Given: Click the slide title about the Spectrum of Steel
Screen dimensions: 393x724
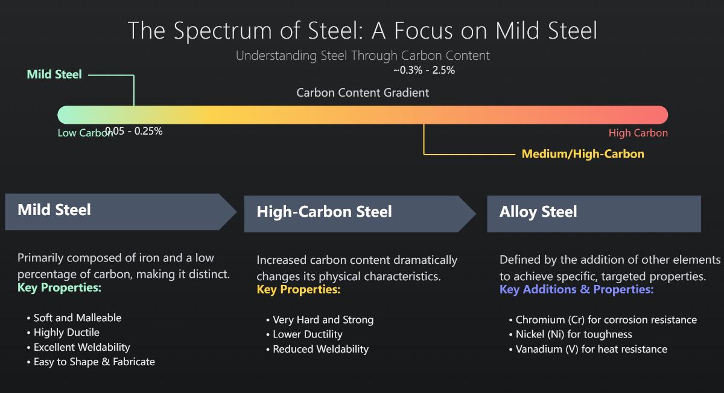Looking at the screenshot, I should [362, 30].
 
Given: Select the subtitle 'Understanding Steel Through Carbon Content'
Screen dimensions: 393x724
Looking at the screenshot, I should [362, 56].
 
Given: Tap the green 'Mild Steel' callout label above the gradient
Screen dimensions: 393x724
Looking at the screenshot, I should [54, 75].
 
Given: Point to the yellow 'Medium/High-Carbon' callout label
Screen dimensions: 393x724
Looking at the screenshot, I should [583, 154].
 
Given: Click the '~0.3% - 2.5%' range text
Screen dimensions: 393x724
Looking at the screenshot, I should [424, 70].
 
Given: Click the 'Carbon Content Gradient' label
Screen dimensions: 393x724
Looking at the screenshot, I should [363, 92].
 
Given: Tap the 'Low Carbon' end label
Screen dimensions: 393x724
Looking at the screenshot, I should [84, 133].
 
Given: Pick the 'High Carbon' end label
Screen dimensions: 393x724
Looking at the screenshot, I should [638, 133].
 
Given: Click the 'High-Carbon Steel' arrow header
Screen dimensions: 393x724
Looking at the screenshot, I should [324, 212].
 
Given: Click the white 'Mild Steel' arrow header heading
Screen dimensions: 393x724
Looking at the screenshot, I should [54, 210].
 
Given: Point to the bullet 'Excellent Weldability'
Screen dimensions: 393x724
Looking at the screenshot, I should [81, 347].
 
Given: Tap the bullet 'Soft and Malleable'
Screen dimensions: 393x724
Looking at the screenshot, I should [77, 318].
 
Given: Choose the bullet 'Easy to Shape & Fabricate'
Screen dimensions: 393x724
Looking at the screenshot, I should [94, 362].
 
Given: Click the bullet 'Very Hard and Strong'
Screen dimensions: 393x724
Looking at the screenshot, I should [323, 320].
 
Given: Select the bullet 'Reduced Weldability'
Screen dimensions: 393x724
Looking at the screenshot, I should [320, 349].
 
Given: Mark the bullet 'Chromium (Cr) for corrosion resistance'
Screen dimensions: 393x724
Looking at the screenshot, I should [606, 320].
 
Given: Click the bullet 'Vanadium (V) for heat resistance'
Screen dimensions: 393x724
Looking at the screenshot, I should [591, 349].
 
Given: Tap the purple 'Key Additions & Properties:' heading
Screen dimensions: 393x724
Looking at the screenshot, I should [576, 290].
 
